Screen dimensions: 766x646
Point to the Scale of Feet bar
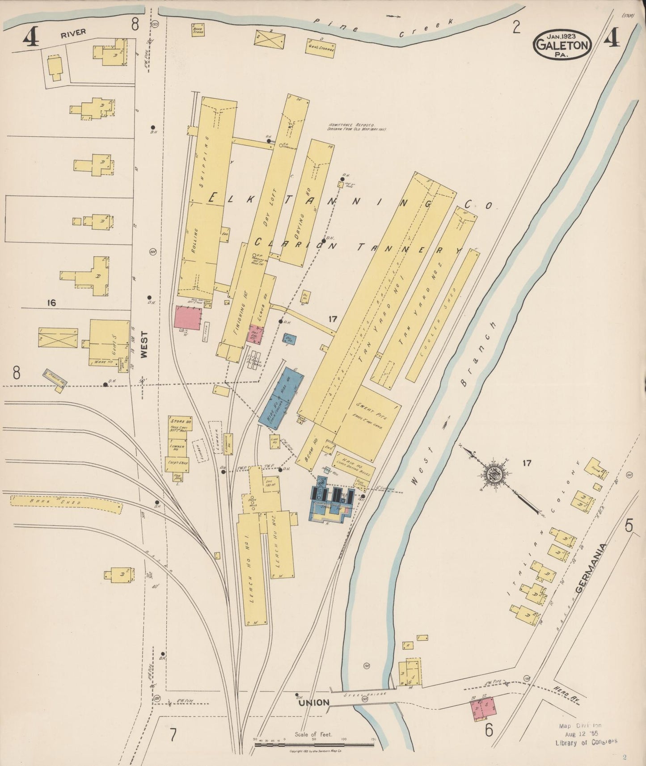coord(314,745)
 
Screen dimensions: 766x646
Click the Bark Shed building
coord(66,503)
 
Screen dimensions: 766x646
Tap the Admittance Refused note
coord(356,127)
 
